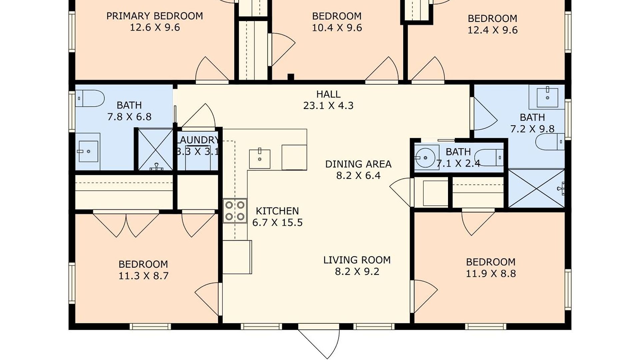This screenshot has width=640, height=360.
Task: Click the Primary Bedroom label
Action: pos(155,16)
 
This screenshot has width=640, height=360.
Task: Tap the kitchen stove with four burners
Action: pos(235,211)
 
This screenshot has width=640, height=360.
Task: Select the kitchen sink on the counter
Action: pos(260,159)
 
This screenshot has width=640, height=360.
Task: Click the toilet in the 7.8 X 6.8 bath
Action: pos(90,98)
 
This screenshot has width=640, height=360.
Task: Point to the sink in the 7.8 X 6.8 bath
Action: pos(88,152)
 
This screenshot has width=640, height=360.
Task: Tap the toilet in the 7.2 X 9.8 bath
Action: pos(550,142)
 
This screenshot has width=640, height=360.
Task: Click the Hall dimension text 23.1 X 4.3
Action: pos(328,106)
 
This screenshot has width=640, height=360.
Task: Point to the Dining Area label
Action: pos(358,164)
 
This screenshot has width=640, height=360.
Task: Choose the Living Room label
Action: pos(357,260)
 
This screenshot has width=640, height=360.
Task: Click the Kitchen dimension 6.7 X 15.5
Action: pos(277,222)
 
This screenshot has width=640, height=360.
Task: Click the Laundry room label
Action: pos(197,140)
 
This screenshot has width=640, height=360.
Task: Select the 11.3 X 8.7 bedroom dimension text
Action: pos(143,276)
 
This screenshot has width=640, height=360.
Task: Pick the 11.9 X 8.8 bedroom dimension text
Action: pos(491,274)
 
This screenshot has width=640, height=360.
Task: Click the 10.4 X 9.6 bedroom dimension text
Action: pos(337,28)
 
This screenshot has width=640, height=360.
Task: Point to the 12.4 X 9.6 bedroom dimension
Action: pos(493,30)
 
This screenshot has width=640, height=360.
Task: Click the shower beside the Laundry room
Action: pos(155,149)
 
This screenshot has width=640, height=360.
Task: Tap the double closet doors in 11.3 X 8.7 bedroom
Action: pos(126,224)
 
